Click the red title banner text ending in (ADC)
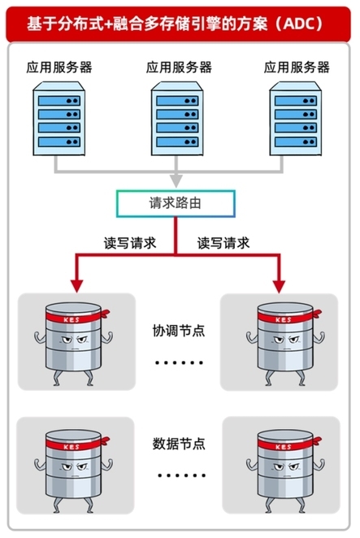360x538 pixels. [x=175, y=24]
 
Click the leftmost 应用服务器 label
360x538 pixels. [x=59, y=67]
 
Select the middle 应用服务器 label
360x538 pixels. [x=179, y=67]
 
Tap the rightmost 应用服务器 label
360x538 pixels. [x=297, y=67]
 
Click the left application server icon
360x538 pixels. [x=59, y=119]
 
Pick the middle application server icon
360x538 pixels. [x=177, y=119]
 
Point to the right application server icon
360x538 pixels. [x=296, y=119]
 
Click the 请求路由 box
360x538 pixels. [x=176, y=204]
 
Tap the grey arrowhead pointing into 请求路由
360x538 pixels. [x=176, y=181]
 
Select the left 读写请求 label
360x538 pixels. [x=130, y=243]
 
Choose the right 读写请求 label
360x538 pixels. [x=223, y=243]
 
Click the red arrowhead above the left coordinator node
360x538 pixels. [x=76, y=286]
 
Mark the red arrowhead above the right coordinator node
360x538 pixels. [x=279, y=286]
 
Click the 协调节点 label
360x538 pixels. [x=179, y=331]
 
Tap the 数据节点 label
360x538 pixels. [x=179, y=444]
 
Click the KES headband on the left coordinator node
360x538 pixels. [x=76, y=318]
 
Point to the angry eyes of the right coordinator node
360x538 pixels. [x=286, y=340]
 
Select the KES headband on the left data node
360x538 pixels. [x=76, y=445]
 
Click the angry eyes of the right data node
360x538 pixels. [x=286, y=467]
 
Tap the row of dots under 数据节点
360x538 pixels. [x=181, y=475]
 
